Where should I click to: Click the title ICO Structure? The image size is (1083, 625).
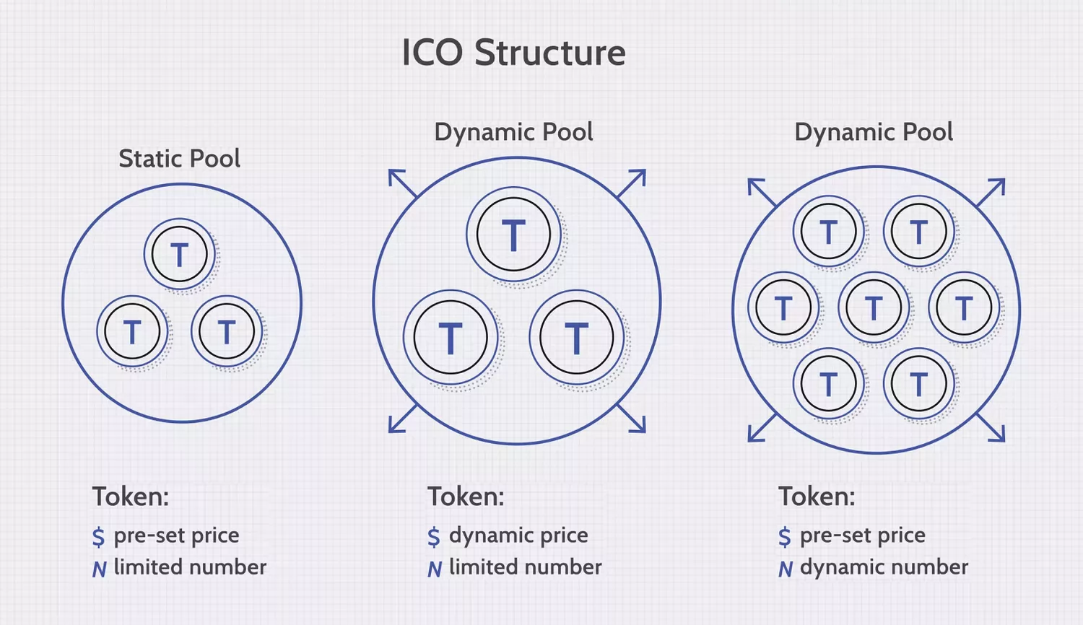click(513, 53)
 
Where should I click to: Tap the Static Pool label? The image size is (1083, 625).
click(179, 159)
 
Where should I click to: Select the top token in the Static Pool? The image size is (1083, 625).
click(179, 255)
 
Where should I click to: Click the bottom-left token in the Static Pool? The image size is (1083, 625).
click(132, 332)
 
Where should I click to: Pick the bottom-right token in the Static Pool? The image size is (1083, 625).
click(227, 332)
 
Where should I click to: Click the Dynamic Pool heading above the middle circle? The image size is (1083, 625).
click(513, 132)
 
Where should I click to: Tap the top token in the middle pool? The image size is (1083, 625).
click(513, 235)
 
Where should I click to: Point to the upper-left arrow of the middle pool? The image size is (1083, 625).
click(401, 183)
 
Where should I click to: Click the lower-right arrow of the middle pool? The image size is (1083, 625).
click(632, 419)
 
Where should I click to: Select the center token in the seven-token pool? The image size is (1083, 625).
click(874, 308)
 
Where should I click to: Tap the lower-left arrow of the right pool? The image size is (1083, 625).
click(761, 429)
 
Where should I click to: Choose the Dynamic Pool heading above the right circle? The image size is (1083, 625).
click(874, 132)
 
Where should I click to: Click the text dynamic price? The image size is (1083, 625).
click(518, 536)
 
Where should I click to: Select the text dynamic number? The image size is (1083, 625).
click(884, 567)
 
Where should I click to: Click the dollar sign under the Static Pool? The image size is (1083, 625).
click(99, 537)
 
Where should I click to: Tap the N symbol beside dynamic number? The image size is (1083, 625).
click(786, 569)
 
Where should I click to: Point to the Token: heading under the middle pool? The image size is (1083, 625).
click(466, 497)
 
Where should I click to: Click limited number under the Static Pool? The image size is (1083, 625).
click(190, 567)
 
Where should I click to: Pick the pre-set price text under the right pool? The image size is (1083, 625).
click(862, 536)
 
